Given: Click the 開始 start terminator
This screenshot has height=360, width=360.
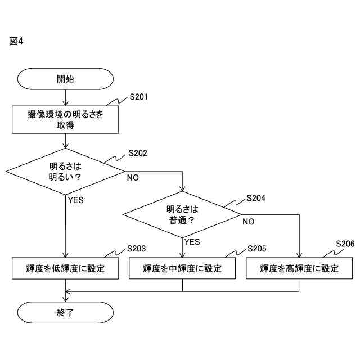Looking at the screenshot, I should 66,79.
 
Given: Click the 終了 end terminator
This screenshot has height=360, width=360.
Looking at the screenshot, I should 66,313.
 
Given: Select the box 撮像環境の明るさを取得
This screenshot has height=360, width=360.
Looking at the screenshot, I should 66,119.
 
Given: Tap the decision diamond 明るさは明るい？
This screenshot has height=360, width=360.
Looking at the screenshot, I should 66,171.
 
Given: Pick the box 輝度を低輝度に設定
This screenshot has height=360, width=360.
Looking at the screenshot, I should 66,268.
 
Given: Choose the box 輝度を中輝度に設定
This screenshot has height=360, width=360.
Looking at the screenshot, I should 183,268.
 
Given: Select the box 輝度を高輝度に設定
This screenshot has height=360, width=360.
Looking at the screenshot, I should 299,268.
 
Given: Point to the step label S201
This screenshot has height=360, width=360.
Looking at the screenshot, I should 138,97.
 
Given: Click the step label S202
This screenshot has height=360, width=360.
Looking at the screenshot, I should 138,153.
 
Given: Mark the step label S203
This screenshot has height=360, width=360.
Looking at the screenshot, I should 137,248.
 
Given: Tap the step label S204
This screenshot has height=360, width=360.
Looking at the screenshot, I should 256,198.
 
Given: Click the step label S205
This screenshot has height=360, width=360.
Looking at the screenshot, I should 256,248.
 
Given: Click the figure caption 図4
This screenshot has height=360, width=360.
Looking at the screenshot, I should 16,42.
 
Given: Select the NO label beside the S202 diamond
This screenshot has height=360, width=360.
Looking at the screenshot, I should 133,178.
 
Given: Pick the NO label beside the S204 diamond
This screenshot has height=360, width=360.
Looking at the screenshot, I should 248,222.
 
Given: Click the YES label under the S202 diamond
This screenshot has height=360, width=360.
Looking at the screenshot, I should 75,200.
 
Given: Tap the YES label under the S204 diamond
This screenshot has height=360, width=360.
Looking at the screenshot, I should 192,242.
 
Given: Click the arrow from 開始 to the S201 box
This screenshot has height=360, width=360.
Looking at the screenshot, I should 66,97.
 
